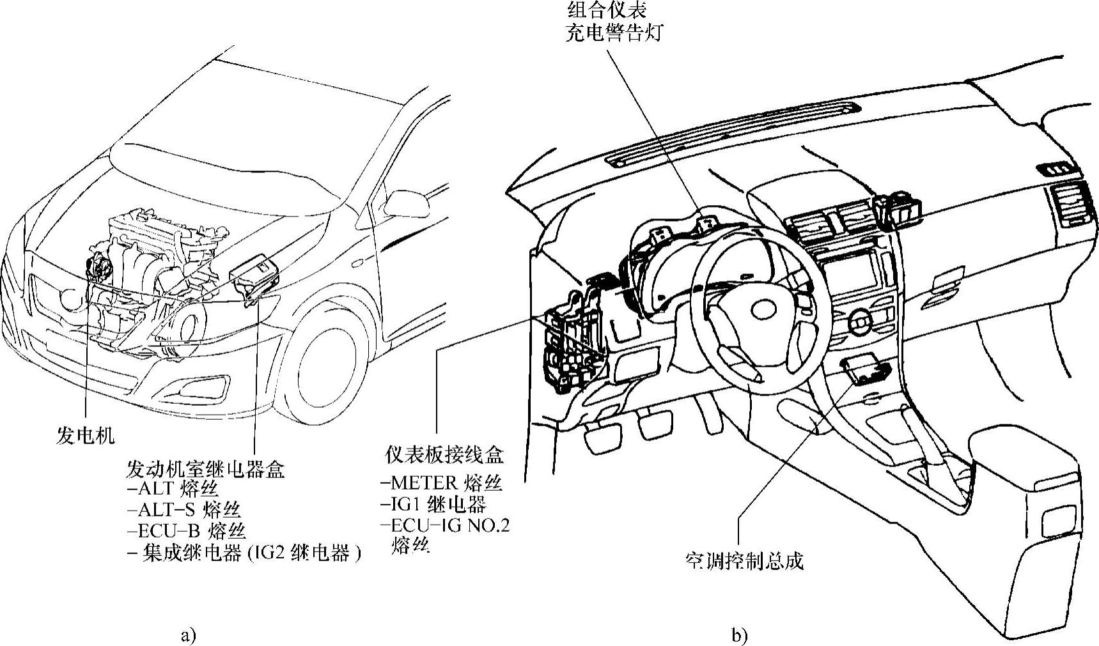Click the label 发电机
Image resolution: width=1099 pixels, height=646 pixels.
pyautogui.click(x=84, y=436)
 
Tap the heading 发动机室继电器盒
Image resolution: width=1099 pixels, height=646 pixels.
pyautogui.click(x=206, y=469)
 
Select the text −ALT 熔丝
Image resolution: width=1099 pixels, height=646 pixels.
pyautogui.click(x=173, y=489)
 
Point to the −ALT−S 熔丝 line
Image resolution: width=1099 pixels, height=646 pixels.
pyautogui.click(x=184, y=510)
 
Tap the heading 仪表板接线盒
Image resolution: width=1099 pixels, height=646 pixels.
pyautogui.click(x=444, y=454)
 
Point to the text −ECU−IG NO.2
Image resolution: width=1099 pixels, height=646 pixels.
pyautogui.click(x=446, y=525)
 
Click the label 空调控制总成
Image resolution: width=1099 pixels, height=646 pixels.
pyautogui.click(x=744, y=561)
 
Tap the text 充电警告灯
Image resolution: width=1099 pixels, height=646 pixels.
pyautogui.click(x=614, y=33)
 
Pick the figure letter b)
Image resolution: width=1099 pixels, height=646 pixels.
pyautogui.click(x=740, y=635)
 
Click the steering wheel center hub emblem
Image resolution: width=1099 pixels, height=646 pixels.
pyautogui.click(x=763, y=310)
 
